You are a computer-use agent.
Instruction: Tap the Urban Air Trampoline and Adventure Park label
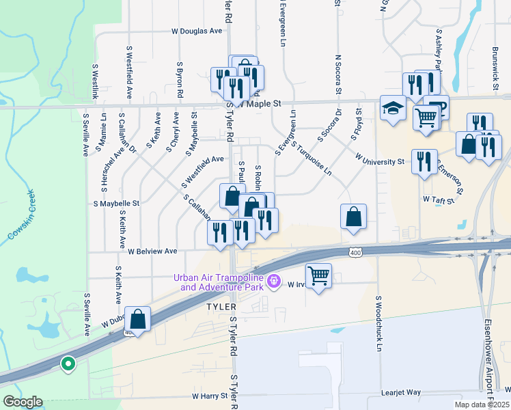(x=219, y=282)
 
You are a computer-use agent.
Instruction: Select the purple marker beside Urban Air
(x=275, y=280)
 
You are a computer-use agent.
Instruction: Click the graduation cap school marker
(x=393, y=108)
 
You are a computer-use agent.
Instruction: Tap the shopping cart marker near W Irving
(x=318, y=276)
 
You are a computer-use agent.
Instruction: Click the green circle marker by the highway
(x=68, y=364)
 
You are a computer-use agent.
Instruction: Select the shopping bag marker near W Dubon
(x=138, y=318)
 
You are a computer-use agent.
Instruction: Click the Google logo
(x=23, y=402)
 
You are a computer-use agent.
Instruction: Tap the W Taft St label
(x=438, y=199)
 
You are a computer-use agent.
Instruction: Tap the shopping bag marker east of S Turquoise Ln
(x=353, y=216)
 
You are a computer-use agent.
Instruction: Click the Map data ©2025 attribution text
(x=480, y=405)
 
